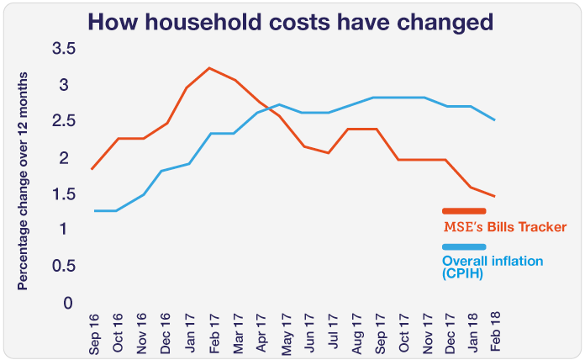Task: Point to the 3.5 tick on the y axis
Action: point(65,50)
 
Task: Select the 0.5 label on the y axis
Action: point(65,266)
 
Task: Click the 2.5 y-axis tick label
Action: point(65,122)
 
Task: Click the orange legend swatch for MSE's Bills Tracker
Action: point(464,211)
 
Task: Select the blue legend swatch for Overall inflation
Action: point(464,246)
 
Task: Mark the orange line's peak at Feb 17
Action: point(209,68)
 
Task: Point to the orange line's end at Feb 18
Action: point(494,196)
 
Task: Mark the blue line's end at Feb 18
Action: point(494,120)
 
